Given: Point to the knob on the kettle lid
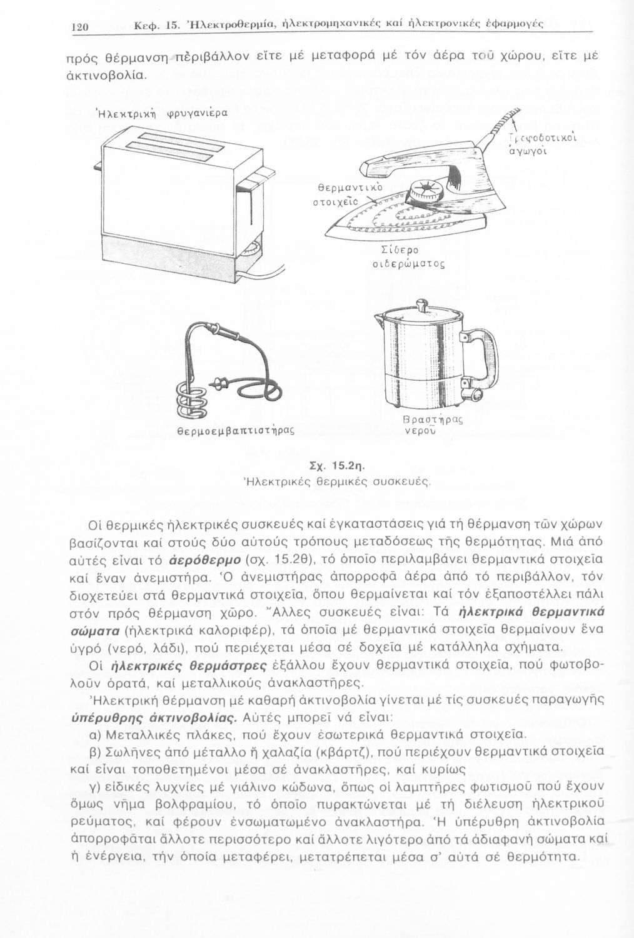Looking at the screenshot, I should tap(423, 307).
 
